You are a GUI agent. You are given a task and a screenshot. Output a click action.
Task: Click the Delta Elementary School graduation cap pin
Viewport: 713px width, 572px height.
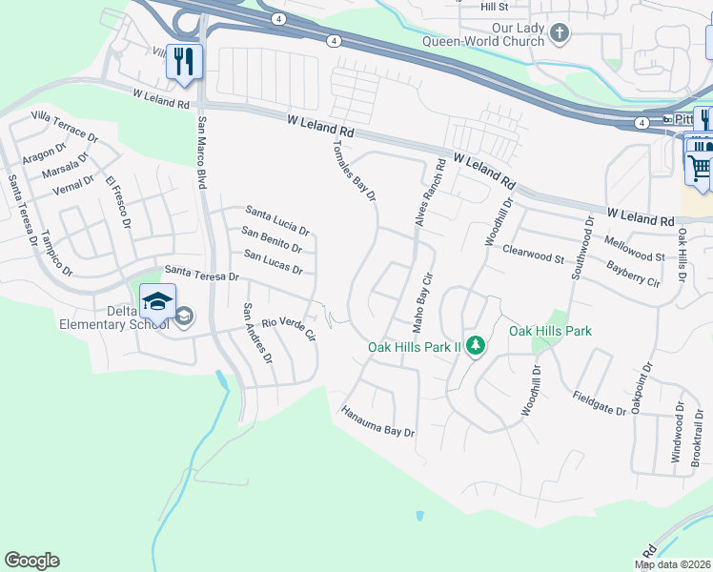[157, 304]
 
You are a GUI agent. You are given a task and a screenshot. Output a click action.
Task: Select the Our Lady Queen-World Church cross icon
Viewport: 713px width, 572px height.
[559, 34]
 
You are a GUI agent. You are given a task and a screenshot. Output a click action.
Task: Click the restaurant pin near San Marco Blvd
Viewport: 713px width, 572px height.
[182, 62]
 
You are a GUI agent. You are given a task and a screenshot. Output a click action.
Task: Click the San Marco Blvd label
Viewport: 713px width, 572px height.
[201, 152]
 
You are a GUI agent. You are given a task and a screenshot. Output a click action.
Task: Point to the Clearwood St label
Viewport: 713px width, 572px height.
[534, 254]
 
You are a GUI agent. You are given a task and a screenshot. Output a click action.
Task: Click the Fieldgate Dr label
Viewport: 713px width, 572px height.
[600, 403]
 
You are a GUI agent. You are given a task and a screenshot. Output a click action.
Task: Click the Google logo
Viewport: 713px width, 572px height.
[31, 561]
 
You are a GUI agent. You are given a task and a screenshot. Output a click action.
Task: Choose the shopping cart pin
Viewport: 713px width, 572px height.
[700, 167]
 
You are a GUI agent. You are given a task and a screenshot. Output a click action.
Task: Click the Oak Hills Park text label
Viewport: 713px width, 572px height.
[550, 331]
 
